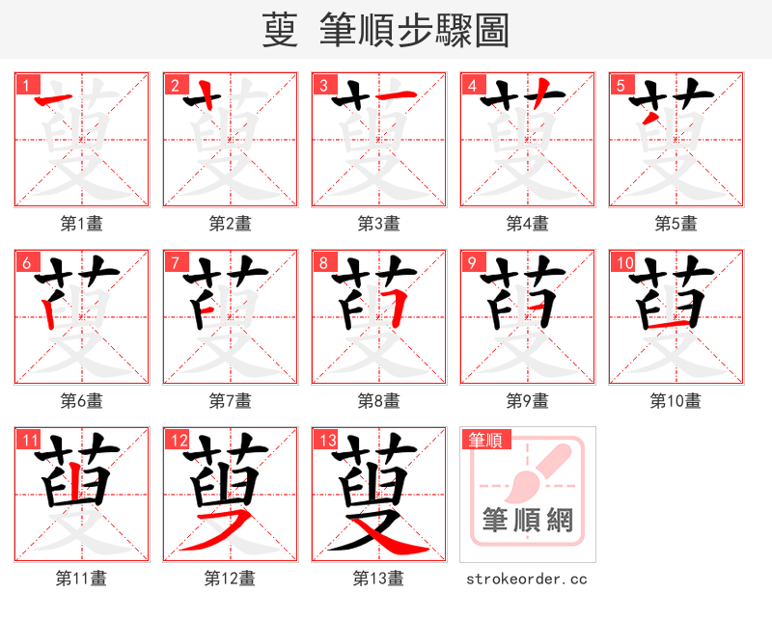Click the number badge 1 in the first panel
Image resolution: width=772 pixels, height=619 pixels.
pyautogui.click(x=26, y=85)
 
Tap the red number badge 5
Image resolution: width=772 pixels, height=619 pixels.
pyautogui.click(x=620, y=85)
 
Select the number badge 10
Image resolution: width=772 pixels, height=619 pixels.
pyautogui.click(x=623, y=262)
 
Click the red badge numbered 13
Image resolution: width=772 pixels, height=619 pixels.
pyautogui.click(x=326, y=441)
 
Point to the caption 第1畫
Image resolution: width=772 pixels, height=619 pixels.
pyautogui.click(x=82, y=224)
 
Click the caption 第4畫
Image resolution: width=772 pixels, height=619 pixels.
pyautogui.click(x=528, y=224)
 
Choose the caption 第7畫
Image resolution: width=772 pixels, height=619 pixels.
pyautogui.click(x=231, y=400)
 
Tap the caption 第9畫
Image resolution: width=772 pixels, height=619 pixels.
pyautogui.click(x=528, y=400)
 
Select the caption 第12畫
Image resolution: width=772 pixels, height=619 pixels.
pyautogui.click(x=231, y=579)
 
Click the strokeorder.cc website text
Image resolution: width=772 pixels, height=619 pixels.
pyautogui.click(x=527, y=579)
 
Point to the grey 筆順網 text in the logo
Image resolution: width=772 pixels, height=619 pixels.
pyautogui.click(x=528, y=522)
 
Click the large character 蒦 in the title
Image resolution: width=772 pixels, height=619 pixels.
pyautogui.click(x=280, y=31)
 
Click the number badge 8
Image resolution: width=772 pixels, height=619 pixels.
pyautogui.click(x=323, y=262)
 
